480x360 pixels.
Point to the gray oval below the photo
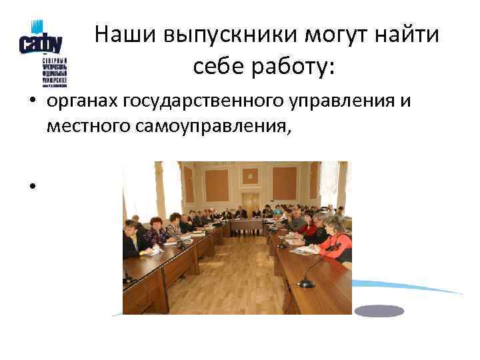(379, 311)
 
